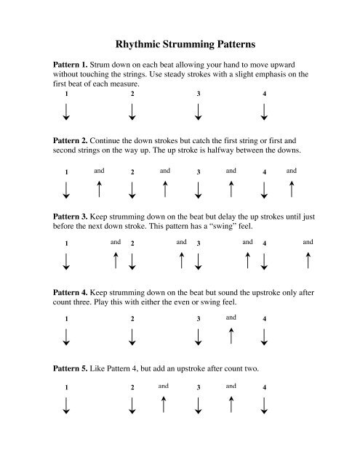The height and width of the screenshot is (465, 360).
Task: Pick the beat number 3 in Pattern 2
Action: click(x=198, y=172)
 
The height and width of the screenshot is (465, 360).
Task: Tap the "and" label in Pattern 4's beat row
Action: click(x=231, y=317)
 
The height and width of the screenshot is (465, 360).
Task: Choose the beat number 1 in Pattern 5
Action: click(x=66, y=387)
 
